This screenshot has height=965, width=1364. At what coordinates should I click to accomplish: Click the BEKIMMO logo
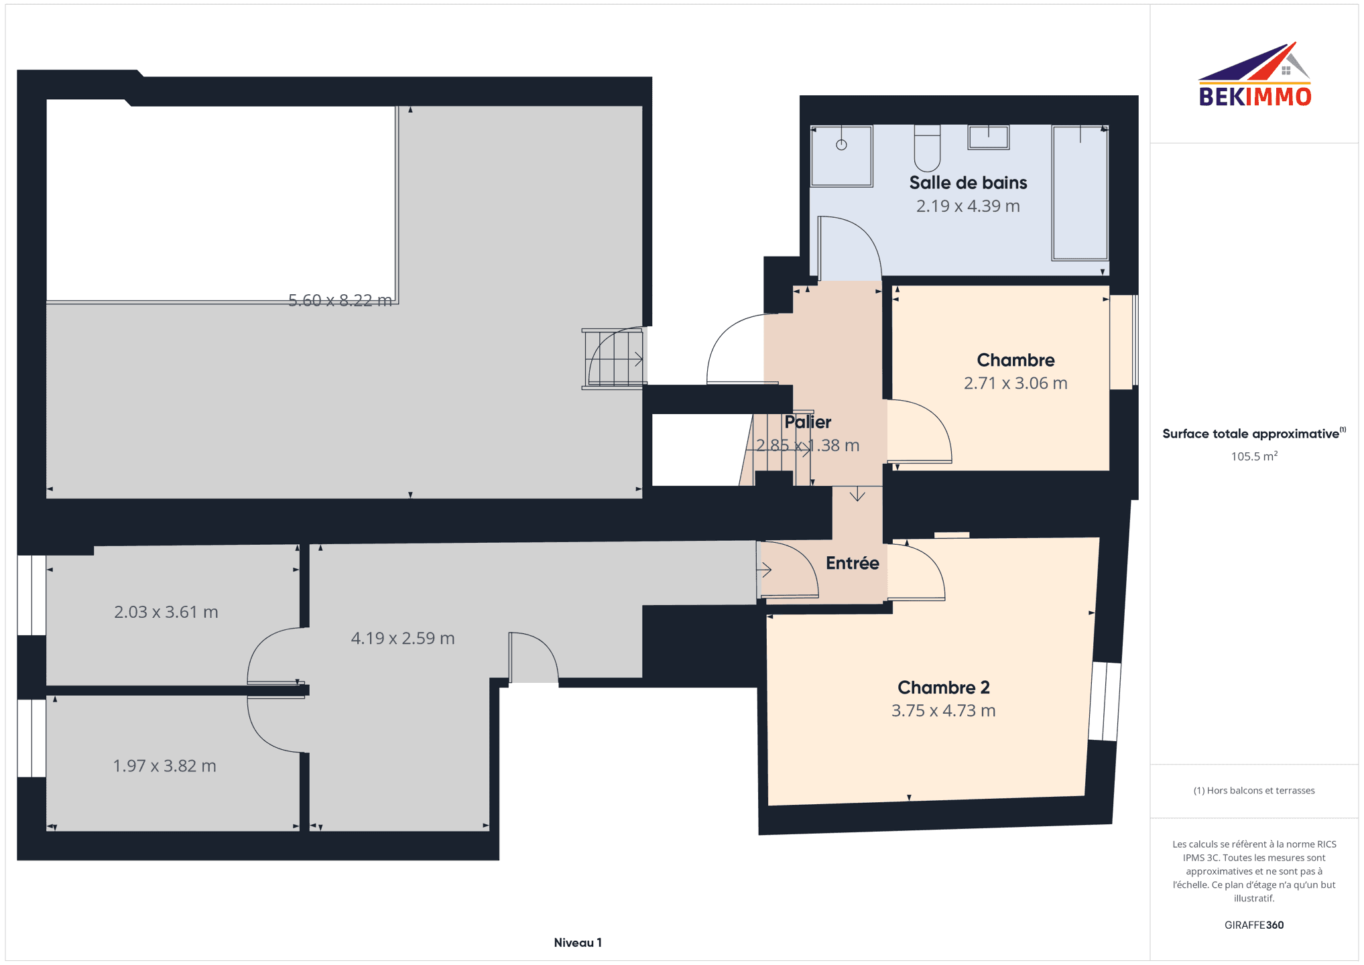(x=1255, y=74)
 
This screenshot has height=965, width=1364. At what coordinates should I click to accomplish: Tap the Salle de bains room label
(x=968, y=182)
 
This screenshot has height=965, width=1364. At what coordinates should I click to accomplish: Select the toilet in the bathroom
(x=927, y=148)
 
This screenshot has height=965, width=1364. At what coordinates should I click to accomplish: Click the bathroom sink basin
(x=988, y=137)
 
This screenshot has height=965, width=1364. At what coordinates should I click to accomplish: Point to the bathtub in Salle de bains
(x=1079, y=192)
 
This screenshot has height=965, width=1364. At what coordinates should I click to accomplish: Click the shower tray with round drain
(x=841, y=155)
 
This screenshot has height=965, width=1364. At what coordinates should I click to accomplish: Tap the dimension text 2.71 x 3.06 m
(x=1015, y=383)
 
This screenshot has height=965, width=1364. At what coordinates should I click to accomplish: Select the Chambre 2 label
(x=944, y=688)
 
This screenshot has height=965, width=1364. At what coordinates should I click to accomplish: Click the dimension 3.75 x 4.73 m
(x=944, y=710)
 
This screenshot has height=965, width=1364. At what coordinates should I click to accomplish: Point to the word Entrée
(x=852, y=563)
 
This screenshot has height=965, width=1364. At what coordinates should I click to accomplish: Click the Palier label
(x=808, y=422)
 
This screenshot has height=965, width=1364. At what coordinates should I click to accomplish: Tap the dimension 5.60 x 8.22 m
(x=340, y=300)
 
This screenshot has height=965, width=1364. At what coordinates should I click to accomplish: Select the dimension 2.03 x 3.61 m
(x=166, y=612)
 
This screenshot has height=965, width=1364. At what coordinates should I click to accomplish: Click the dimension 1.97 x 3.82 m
(x=165, y=766)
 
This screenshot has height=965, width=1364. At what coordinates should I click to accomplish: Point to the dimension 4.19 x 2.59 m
(x=403, y=638)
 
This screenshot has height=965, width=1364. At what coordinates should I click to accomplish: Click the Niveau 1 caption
(x=578, y=943)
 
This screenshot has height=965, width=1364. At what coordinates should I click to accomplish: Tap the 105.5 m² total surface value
(x=1254, y=456)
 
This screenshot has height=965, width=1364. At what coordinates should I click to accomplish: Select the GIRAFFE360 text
(x=1254, y=925)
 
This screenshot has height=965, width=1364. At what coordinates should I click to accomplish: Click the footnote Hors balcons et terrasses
(x=1254, y=791)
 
